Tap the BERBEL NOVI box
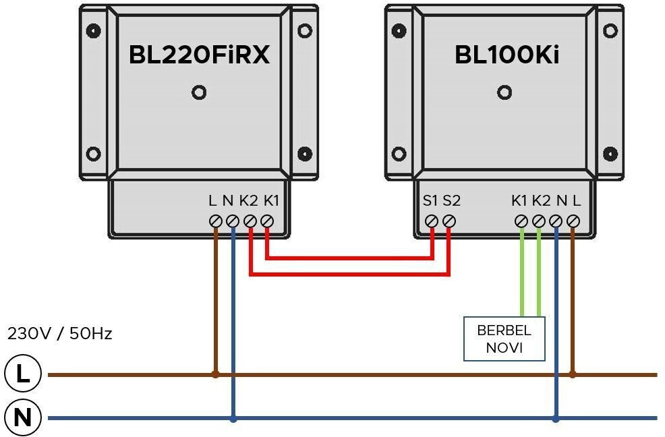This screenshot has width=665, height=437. click(x=504, y=339)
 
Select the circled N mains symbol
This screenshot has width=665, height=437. click(x=23, y=417)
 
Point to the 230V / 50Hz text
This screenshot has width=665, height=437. click(x=59, y=333)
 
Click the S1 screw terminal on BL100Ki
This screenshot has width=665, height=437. click(x=432, y=221)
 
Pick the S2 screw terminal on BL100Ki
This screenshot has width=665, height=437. click(x=449, y=221)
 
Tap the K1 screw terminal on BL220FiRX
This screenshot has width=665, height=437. click(x=267, y=221)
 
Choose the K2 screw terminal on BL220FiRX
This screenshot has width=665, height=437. click(x=250, y=221)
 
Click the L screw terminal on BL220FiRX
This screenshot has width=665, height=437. click(x=216, y=221)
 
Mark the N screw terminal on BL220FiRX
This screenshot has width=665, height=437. click(x=233, y=221)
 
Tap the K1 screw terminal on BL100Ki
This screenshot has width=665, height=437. click(x=521, y=221)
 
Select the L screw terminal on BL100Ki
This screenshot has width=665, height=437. click(x=573, y=221)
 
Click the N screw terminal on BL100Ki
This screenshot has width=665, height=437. click(x=556, y=221)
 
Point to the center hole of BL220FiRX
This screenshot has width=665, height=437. click(x=199, y=92)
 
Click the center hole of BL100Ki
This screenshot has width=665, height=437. click(x=503, y=92)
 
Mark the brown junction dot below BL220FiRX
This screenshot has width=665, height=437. click(x=216, y=374)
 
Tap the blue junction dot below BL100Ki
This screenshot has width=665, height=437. click(x=556, y=418)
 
